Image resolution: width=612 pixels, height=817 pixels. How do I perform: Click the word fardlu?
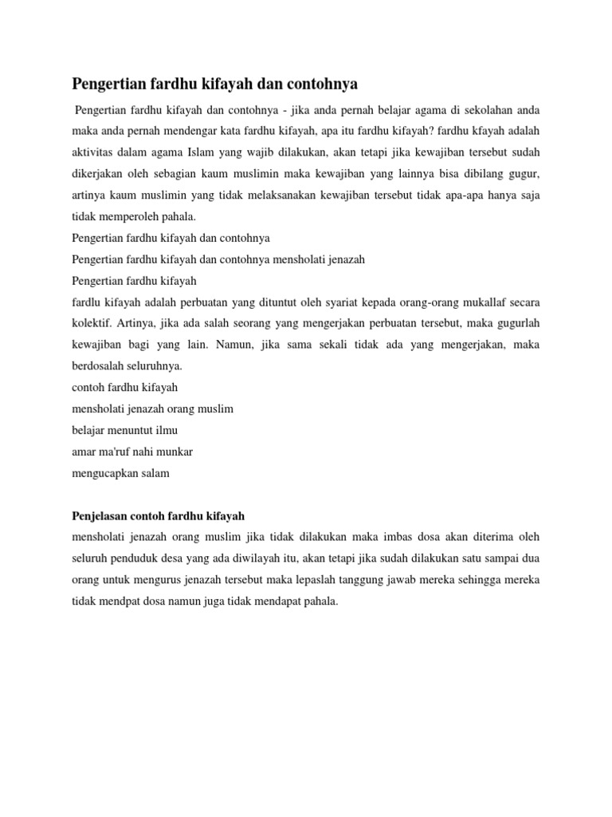coord(86,302)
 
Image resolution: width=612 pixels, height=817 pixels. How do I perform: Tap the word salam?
coord(155,474)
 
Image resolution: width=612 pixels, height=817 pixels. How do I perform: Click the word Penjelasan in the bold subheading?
coord(104,517)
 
